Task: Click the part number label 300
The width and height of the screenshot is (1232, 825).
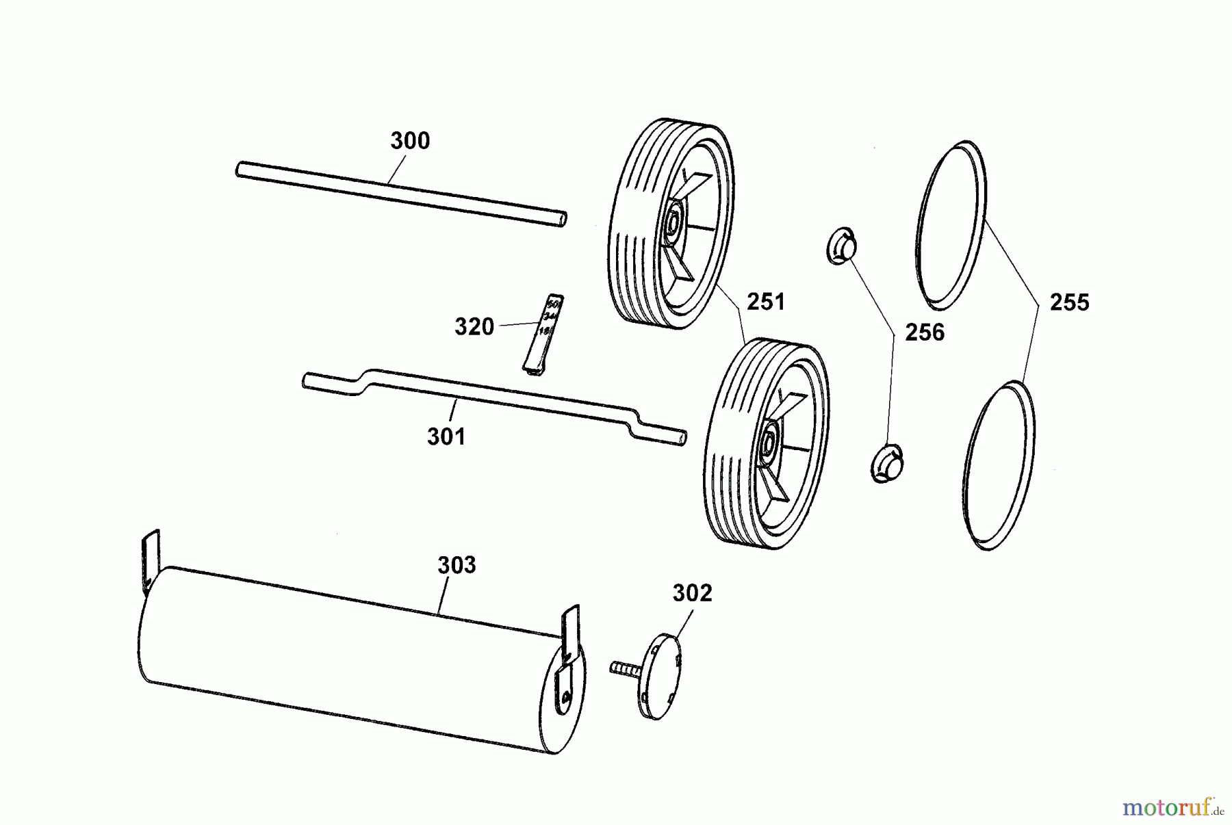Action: point(410,141)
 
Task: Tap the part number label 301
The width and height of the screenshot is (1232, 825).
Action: point(446,436)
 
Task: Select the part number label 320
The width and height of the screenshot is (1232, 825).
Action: point(474,327)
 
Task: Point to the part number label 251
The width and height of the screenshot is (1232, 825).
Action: point(766,302)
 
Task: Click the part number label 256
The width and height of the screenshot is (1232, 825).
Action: point(924,332)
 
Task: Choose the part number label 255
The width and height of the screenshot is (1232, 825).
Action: point(1069,302)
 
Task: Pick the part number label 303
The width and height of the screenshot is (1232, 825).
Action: point(457,565)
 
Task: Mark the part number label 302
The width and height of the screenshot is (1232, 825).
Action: point(692,593)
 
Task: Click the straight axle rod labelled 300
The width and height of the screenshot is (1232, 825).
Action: point(401,194)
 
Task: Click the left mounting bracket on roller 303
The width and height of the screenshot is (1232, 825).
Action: point(151,561)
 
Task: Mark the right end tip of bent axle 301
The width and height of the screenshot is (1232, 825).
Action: point(682,437)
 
